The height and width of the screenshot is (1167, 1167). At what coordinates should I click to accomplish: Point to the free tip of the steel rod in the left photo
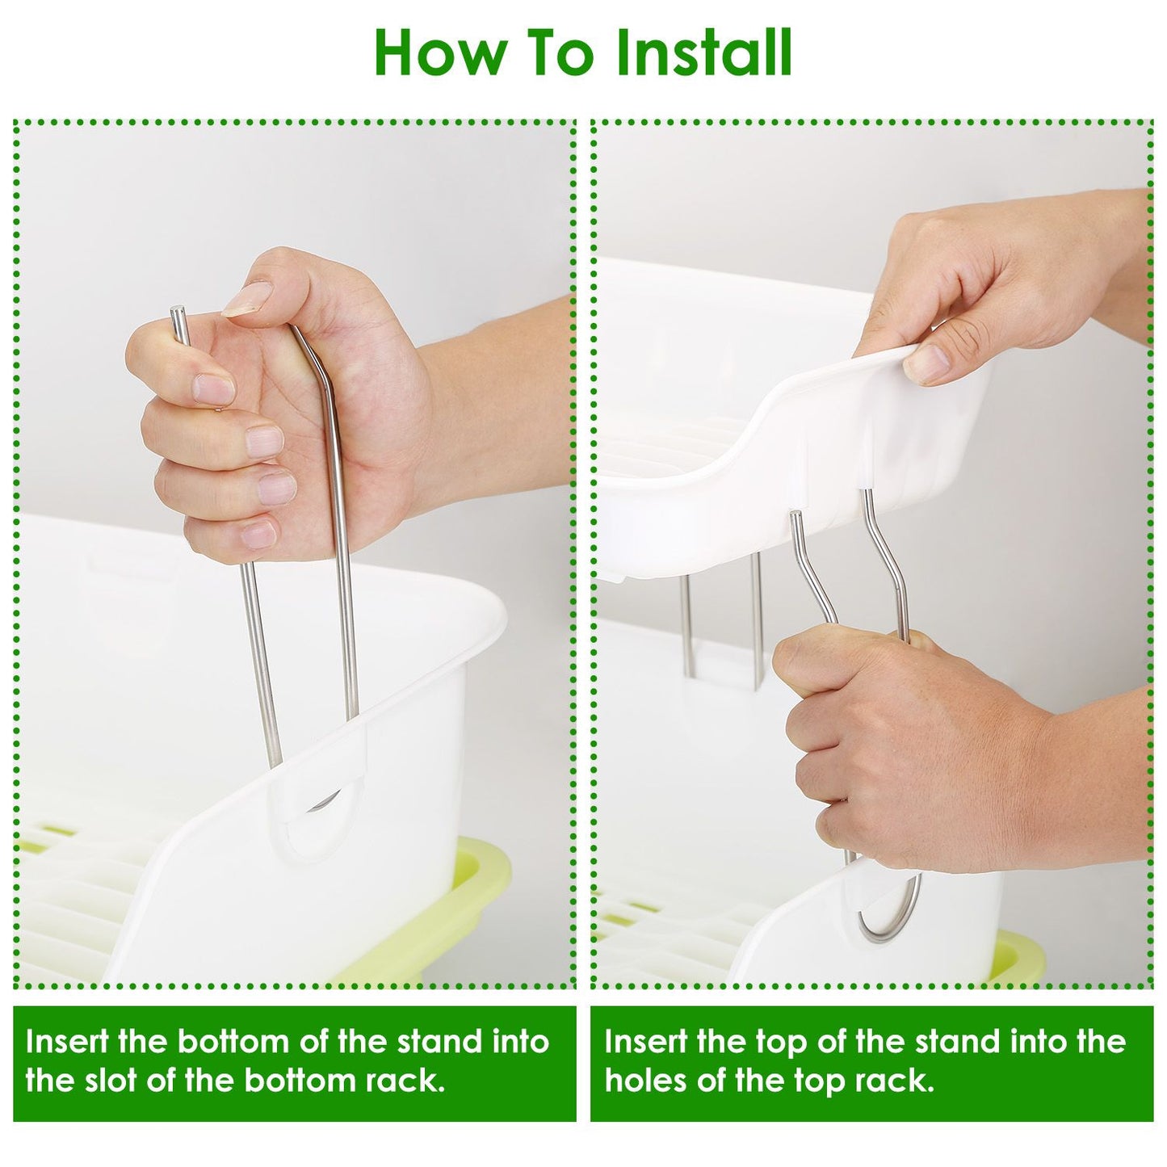pyautogui.click(x=178, y=309)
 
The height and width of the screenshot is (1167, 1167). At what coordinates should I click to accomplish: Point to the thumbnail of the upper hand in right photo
pyautogui.click(x=926, y=362)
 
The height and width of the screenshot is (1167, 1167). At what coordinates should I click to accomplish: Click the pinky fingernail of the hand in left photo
pyautogui.click(x=257, y=534)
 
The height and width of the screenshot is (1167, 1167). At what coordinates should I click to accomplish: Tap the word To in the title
pyautogui.click(x=541, y=53)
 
